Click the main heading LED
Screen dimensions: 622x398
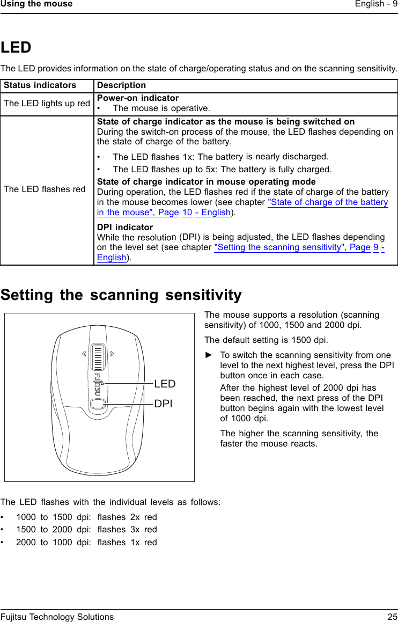pyautogui.click(x=16, y=48)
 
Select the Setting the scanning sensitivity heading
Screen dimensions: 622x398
pyautogui.click(x=121, y=295)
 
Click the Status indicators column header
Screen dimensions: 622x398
pyautogui.click(x=40, y=85)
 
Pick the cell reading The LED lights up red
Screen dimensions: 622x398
pyautogui.click(x=47, y=104)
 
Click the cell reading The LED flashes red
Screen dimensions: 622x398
pyautogui.click(x=45, y=189)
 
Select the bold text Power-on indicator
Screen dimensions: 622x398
pyautogui.click(x=138, y=98)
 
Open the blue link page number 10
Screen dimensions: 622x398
pyautogui.click(x=187, y=213)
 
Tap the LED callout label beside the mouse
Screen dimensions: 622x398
pyautogui.click(x=165, y=384)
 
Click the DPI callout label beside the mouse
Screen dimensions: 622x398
pyautogui.click(x=164, y=404)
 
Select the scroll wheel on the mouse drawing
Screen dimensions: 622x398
pyautogui.click(x=97, y=355)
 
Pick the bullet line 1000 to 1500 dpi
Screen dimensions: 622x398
pyautogui.click(x=86, y=517)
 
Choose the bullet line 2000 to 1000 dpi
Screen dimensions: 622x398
pyautogui.click(x=86, y=542)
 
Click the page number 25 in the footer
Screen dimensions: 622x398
pyautogui.click(x=392, y=617)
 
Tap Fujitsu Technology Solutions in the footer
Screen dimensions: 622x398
pyautogui.click(x=57, y=617)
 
